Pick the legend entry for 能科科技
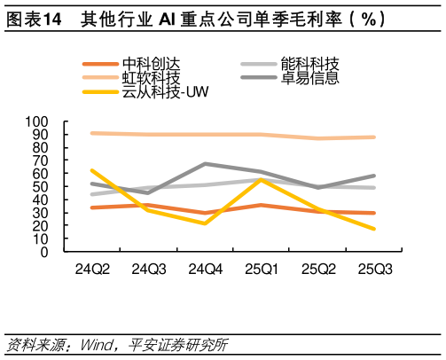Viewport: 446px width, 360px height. coord(309,64)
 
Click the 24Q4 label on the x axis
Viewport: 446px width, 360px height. coord(206,268)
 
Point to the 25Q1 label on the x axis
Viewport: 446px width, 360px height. coord(260,268)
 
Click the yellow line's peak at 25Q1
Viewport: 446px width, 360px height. coord(260,180)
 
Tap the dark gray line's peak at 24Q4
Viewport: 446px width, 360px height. coord(206,164)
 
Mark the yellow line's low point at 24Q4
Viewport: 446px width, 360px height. coord(206,223)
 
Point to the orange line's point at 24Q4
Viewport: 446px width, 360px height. coord(206,213)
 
